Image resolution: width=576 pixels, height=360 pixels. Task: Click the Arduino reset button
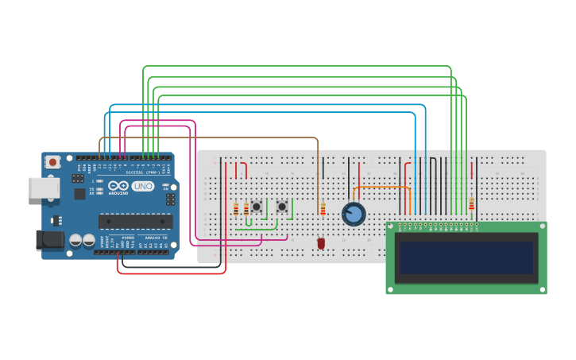coord(52,162)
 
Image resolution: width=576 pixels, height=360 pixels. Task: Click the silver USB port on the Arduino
coord(43,187)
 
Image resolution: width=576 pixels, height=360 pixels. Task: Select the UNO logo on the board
coord(142,186)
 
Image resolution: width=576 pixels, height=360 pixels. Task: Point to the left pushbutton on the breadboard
coord(256,206)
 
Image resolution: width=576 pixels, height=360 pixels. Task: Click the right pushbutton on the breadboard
coord(281,207)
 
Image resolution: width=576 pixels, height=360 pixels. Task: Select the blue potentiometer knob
coord(354,214)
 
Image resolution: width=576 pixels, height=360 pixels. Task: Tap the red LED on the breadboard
coord(321,243)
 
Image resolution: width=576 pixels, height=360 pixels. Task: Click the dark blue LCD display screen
coord(466,257)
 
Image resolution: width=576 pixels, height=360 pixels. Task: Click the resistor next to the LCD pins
coord(471,204)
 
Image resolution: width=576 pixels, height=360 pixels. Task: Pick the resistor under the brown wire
coord(323,208)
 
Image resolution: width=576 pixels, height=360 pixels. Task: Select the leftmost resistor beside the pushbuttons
coord(236,209)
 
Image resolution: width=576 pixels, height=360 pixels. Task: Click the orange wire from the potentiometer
coord(381,188)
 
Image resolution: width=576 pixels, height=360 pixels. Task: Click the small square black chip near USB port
coord(79,193)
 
